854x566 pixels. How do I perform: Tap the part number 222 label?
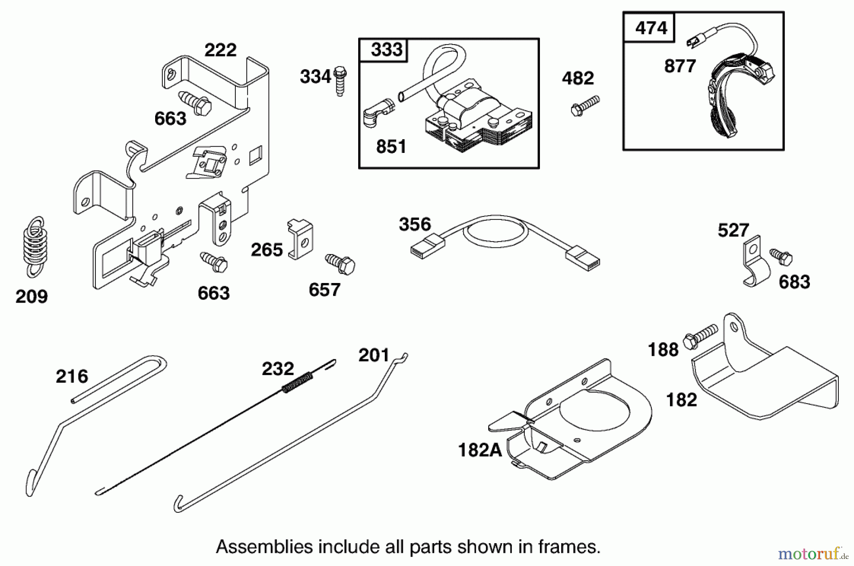[x=220, y=50]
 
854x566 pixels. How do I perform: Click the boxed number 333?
[x=386, y=50]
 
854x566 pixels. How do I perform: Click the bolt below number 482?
[x=585, y=106]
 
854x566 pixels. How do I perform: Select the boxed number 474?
[x=651, y=28]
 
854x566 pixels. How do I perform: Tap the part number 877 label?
[x=680, y=66]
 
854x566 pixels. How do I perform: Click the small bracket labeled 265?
[x=300, y=238]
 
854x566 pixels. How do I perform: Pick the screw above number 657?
[x=340, y=264]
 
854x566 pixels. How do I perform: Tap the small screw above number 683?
[x=781, y=256]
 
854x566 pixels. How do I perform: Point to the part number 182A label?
[x=480, y=450]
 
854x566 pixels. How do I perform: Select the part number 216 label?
[x=72, y=377]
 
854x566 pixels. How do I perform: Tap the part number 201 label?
[x=373, y=355]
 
